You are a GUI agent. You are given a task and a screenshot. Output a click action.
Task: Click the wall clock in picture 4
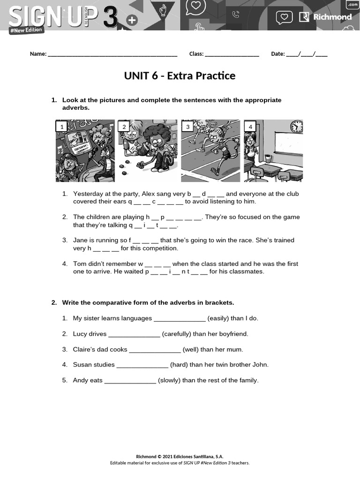click(x=296, y=127)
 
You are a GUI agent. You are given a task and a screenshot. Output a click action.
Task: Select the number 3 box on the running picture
click(x=187, y=127)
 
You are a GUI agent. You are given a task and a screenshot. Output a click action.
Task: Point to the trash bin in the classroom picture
click(x=268, y=159)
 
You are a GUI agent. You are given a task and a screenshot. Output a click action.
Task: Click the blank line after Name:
click(x=112, y=54)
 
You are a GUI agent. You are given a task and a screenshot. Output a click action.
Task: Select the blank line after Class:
click(x=232, y=54)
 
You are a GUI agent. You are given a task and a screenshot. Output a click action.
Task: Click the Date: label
click(x=277, y=54)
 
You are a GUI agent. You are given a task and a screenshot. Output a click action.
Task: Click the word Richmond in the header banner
click(x=332, y=17)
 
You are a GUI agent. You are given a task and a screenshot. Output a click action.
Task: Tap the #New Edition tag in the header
click(x=27, y=30)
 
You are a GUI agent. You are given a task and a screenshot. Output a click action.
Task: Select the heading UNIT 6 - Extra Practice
click(x=180, y=76)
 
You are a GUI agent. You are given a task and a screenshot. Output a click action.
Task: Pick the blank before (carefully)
click(x=134, y=334)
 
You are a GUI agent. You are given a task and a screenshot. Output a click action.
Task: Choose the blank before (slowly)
click(x=130, y=381)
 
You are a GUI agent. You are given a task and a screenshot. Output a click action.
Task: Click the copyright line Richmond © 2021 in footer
click(x=180, y=457)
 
